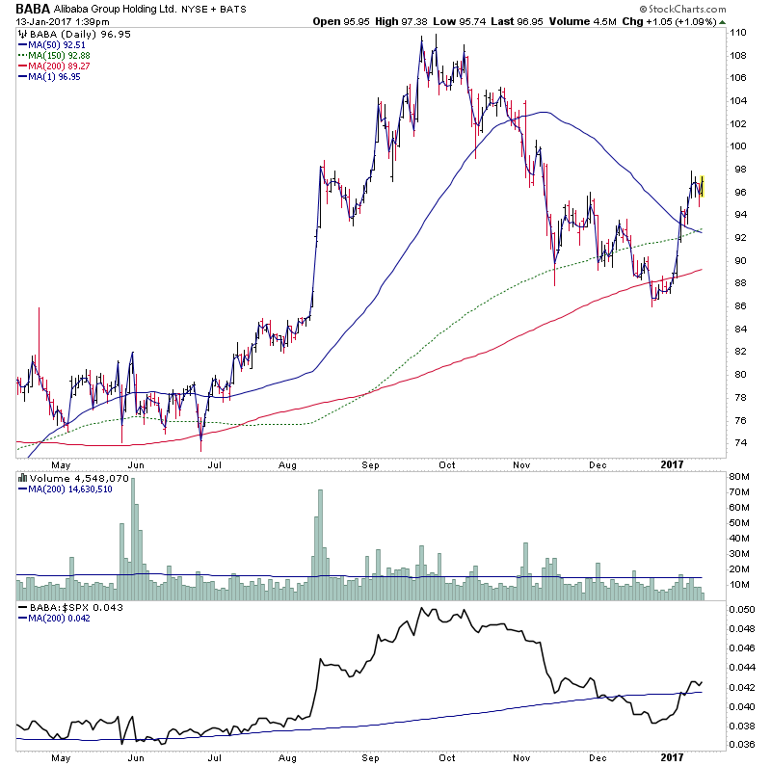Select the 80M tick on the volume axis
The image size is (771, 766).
coord(739,477)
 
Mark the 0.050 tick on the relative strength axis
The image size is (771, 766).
coord(742,611)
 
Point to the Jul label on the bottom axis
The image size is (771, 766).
coord(215,758)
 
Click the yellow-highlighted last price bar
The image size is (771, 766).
coord(704,185)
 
